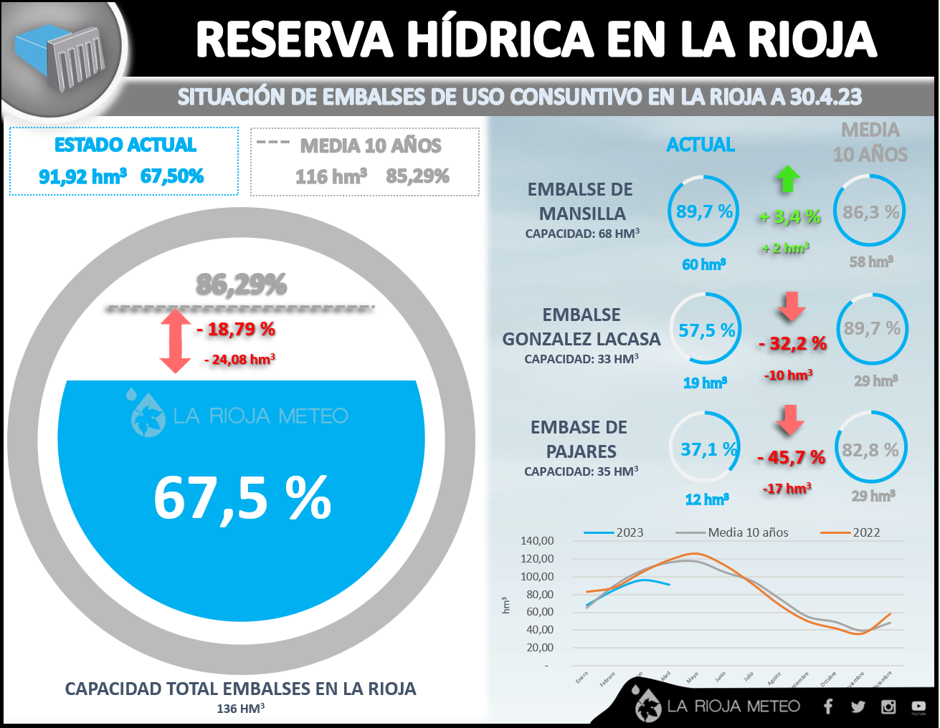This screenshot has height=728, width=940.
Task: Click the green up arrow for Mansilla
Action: point(788,178)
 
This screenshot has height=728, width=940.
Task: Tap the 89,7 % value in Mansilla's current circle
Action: point(704,212)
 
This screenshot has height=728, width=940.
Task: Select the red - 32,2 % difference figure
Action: point(792,344)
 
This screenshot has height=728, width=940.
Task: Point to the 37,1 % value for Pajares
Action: point(708,450)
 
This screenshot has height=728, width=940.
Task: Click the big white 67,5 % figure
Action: point(242,498)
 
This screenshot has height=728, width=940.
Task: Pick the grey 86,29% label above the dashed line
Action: point(242,285)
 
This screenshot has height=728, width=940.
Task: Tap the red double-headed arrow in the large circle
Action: point(175,340)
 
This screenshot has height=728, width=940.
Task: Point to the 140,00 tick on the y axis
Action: point(537,541)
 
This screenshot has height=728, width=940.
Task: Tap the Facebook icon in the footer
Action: point(828,707)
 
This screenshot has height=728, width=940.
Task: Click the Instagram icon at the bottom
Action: point(888,707)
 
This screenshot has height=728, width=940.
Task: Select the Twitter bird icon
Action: point(858,707)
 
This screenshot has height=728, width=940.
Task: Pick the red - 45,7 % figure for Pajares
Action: point(791,457)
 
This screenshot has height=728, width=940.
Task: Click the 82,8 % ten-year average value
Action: point(870,451)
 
